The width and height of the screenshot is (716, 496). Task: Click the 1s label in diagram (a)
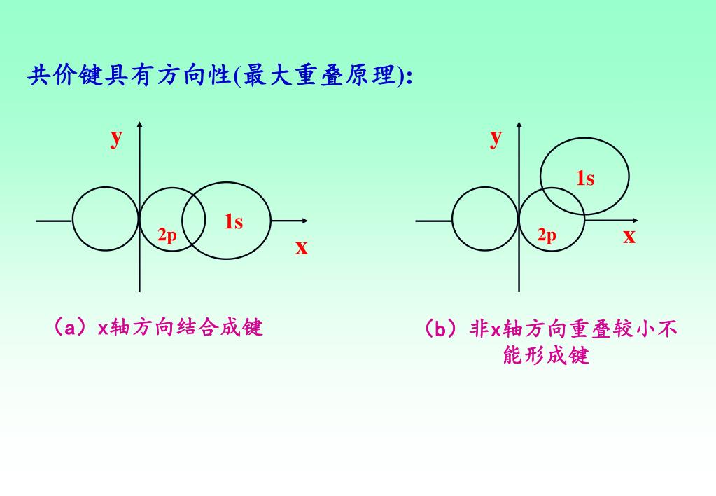[x=234, y=222]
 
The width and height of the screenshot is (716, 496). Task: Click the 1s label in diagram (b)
[x=585, y=179]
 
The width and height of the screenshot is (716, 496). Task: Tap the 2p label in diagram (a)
[x=167, y=235]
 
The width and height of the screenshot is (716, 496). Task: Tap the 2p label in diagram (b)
[x=547, y=235]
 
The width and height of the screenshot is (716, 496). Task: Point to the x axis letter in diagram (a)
[x=301, y=247]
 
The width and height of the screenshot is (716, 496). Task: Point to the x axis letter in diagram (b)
[x=629, y=236]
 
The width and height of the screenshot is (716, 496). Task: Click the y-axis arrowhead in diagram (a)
[x=140, y=125]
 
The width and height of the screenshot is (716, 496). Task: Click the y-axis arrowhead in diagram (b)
[x=519, y=125]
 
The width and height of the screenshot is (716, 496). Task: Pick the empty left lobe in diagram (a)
[x=106, y=219]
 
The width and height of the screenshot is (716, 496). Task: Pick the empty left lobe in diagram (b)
[x=484, y=219]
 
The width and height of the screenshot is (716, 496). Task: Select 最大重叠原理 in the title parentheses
[x=319, y=75]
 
